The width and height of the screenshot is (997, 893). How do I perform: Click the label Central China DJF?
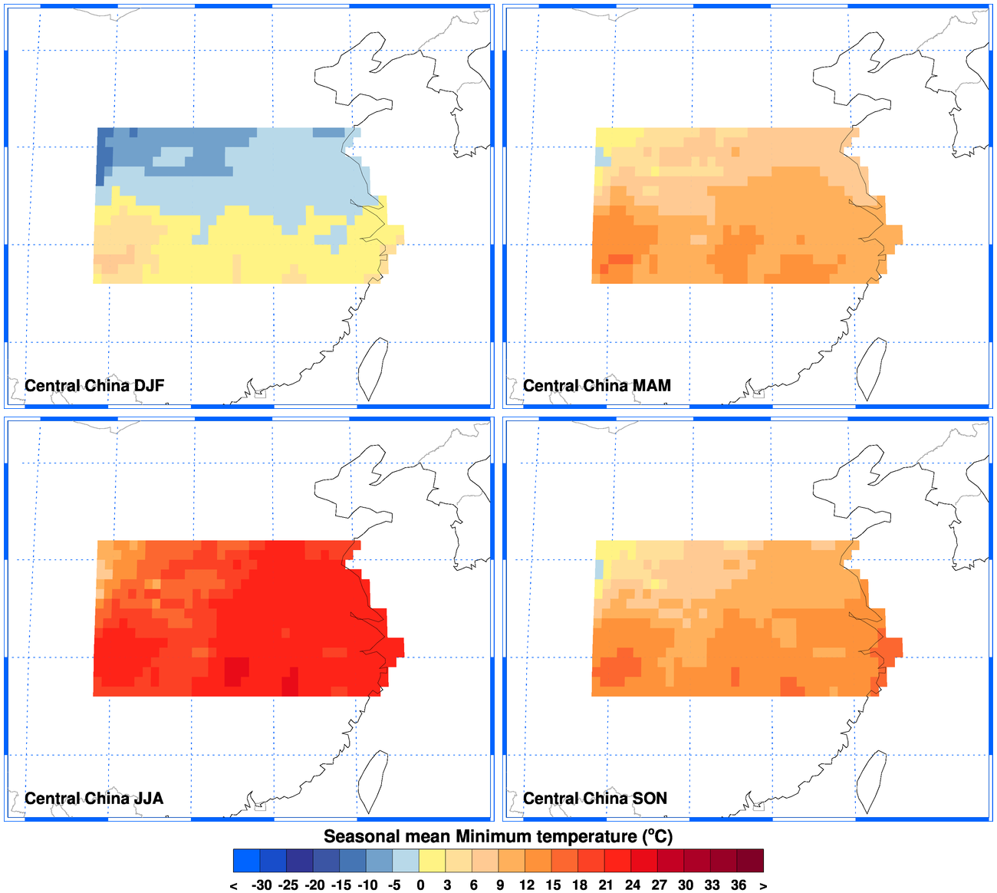pyautogui.click(x=94, y=385)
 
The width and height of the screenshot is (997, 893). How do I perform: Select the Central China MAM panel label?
pyautogui.click(x=597, y=385)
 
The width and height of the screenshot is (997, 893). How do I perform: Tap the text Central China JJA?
pyautogui.click(x=94, y=798)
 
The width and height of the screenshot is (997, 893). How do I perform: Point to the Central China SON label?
pyautogui.click(x=595, y=798)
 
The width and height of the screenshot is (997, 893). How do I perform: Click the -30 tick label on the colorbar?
pyautogui.click(x=261, y=885)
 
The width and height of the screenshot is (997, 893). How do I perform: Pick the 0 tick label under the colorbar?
pyautogui.click(x=420, y=885)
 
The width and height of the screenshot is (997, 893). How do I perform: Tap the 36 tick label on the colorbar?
pyautogui.click(x=739, y=885)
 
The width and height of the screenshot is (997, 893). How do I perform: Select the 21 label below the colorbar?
pyautogui.click(x=606, y=885)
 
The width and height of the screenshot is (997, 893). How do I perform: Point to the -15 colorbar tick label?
pyautogui.click(x=341, y=885)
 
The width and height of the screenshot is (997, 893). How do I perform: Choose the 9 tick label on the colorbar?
pyautogui.click(x=500, y=885)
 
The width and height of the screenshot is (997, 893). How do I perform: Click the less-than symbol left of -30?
pyautogui.click(x=233, y=885)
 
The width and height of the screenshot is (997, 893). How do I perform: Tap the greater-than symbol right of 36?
pyautogui.click(x=763, y=885)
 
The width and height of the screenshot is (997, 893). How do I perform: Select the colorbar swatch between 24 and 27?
pyautogui.click(x=645, y=861)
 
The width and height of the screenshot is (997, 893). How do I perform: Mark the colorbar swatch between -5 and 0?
pyautogui.click(x=406, y=861)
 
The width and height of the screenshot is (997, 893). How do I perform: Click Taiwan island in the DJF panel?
pyautogui.click(x=374, y=367)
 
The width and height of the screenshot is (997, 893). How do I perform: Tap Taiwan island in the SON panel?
pyautogui.click(x=872, y=780)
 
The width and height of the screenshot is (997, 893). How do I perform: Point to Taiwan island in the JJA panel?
pyautogui.click(x=374, y=780)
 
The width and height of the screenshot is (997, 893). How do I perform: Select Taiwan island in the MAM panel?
pyautogui.click(x=872, y=367)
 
